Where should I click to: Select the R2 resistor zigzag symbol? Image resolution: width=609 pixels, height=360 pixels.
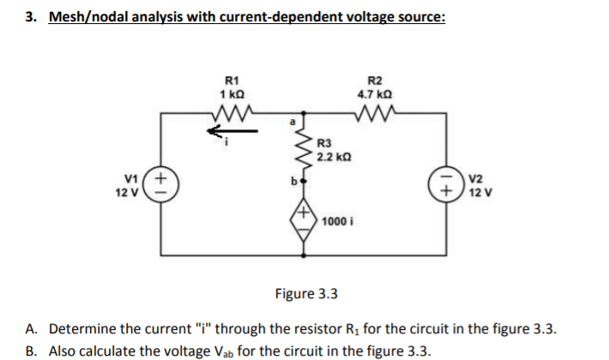point(374,111)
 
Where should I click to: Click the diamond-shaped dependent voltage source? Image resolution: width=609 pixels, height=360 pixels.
point(304,219)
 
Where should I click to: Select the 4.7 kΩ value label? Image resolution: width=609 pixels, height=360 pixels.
point(374,93)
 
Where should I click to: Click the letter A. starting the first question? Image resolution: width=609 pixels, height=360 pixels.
point(31,329)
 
